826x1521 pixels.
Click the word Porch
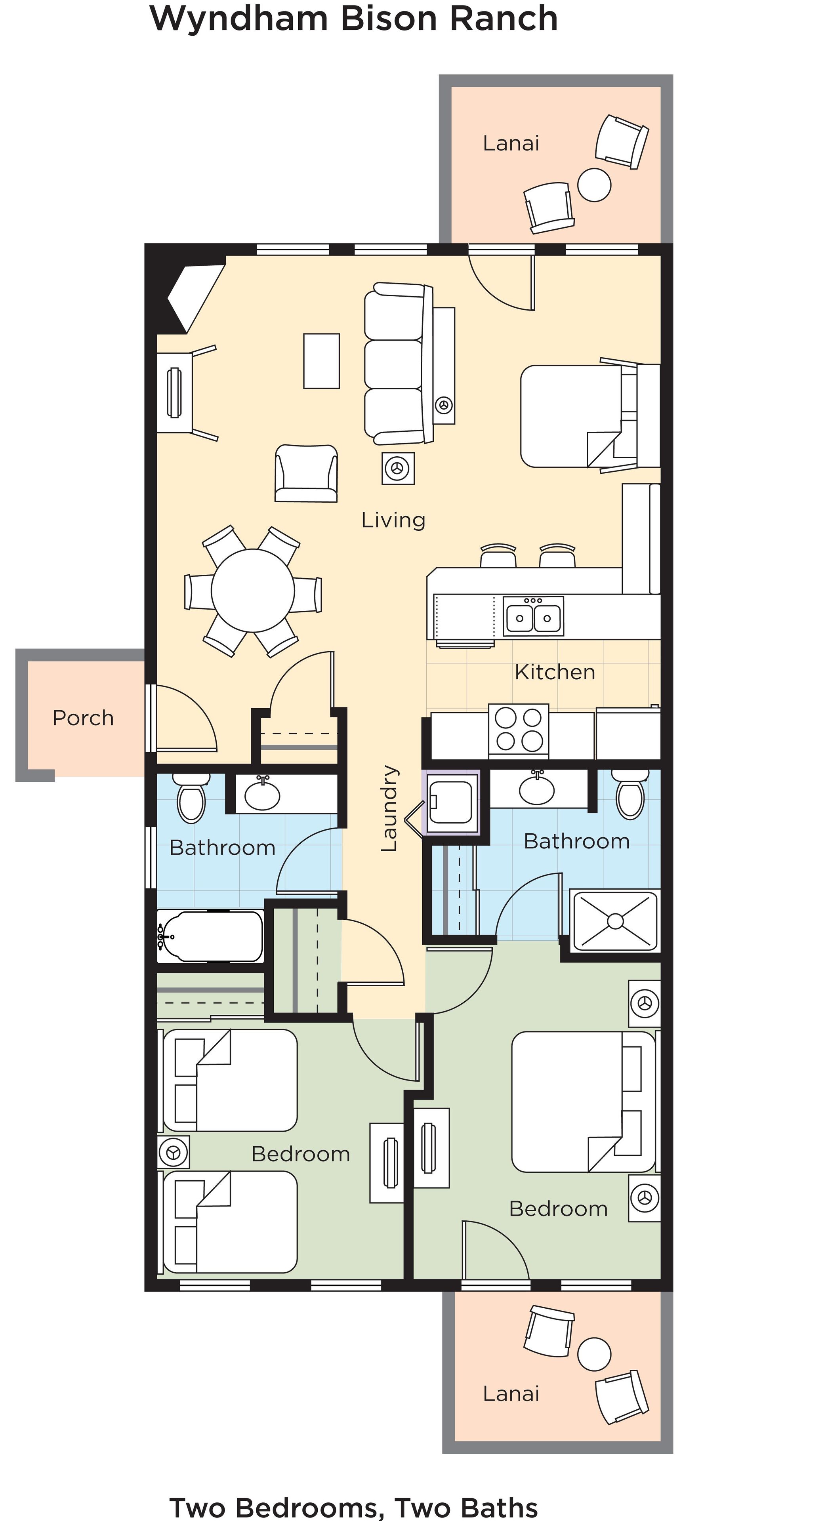click(83, 718)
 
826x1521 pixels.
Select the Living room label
click(393, 520)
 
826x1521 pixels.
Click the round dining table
click(253, 591)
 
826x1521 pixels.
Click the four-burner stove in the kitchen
click(519, 729)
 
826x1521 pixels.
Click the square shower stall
click(614, 921)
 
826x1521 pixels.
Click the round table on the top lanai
click(594, 185)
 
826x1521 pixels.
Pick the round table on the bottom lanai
click(594, 1355)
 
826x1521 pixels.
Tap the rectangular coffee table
click(321, 361)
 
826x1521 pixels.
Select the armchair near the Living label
click(306, 474)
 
